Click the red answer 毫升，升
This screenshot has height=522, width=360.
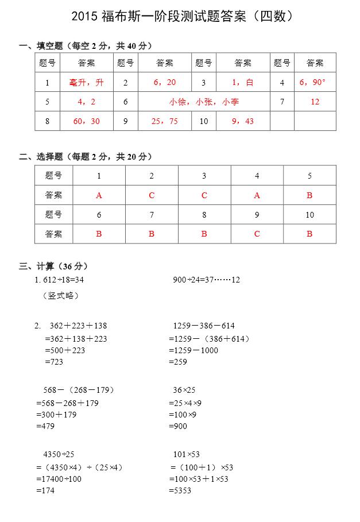click(86, 83)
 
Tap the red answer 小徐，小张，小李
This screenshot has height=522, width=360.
click(204, 102)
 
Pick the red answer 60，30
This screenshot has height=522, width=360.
click(86, 121)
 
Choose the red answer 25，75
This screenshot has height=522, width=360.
click(164, 121)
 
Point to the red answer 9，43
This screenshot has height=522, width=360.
click(242, 121)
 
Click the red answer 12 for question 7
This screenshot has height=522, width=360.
click(314, 102)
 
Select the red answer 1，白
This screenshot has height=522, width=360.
click(242, 83)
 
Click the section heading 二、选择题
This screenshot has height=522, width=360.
click(86, 157)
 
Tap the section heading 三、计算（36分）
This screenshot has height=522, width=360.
click(53, 266)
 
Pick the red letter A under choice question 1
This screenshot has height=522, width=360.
click(99, 195)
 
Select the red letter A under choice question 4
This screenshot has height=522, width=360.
click(257, 195)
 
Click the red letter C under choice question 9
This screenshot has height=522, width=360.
click(257, 234)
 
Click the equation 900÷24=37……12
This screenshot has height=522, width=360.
click(206, 280)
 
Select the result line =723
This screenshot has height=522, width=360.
click(54, 362)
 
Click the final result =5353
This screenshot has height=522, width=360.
click(180, 490)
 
